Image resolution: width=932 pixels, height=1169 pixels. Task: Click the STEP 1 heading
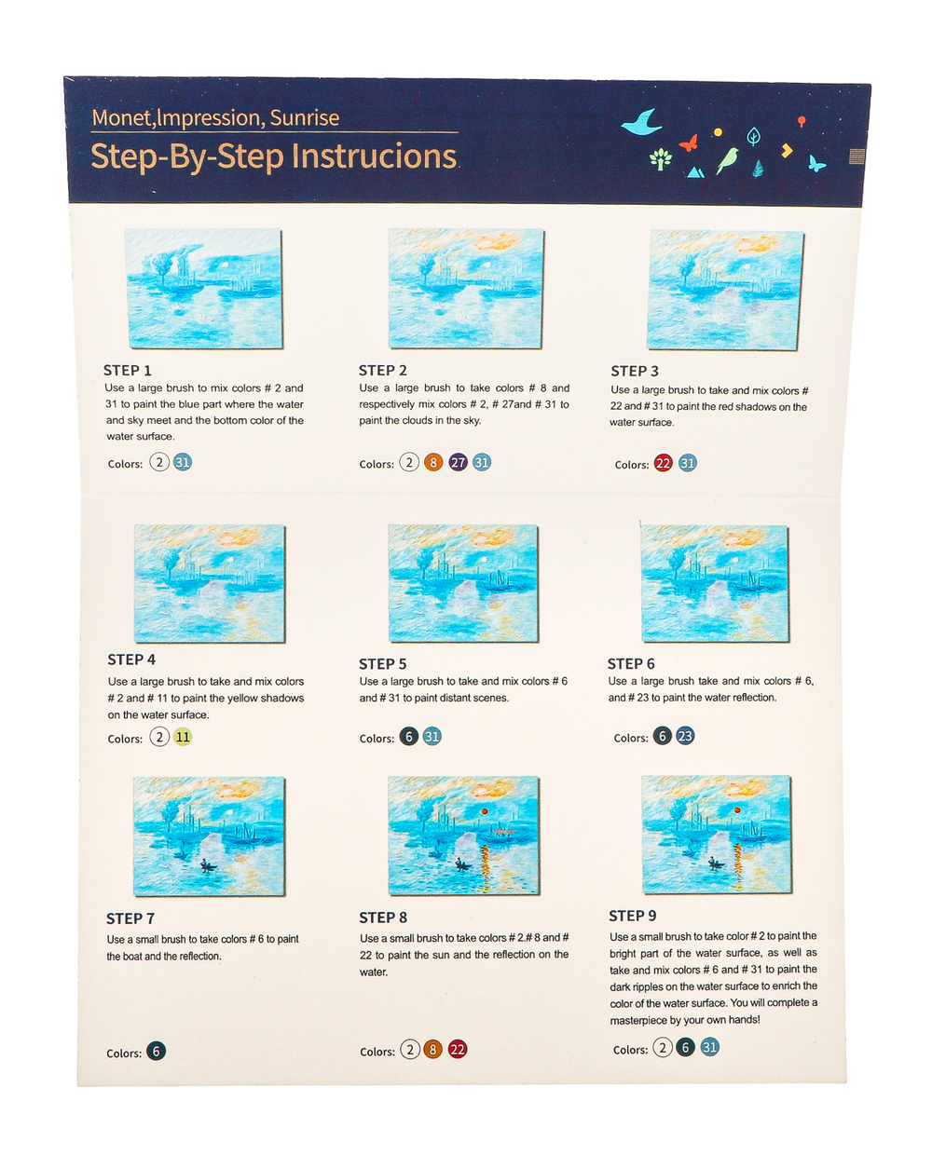(x=127, y=371)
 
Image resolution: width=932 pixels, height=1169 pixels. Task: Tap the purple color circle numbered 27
(x=459, y=462)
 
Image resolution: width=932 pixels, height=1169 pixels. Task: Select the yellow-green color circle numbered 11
(x=183, y=737)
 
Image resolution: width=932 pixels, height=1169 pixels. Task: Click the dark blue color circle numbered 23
(x=685, y=736)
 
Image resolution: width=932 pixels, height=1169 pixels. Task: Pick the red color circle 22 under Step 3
(x=663, y=463)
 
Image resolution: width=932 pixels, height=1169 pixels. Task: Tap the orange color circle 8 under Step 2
(x=433, y=462)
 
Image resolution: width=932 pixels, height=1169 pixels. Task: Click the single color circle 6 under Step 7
(x=156, y=1051)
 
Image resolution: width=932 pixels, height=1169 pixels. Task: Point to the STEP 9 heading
(x=633, y=916)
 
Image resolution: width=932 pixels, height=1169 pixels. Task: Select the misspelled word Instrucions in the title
(x=375, y=156)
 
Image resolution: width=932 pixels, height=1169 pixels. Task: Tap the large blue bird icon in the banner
(x=642, y=122)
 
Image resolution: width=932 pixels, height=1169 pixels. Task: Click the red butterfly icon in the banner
(x=689, y=143)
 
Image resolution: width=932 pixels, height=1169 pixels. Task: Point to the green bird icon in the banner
(x=727, y=160)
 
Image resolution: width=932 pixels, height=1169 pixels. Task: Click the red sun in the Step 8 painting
(x=485, y=811)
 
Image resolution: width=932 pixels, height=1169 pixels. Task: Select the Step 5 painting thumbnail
(x=463, y=583)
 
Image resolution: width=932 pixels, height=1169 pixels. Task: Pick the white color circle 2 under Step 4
(x=159, y=737)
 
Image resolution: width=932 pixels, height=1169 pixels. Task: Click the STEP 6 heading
(x=631, y=664)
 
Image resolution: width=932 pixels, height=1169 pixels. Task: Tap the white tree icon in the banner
(x=661, y=159)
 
